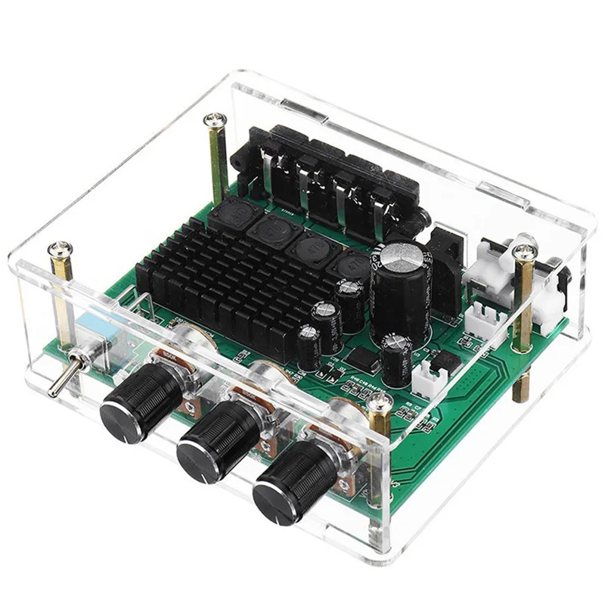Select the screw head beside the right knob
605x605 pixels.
[x=380, y=408]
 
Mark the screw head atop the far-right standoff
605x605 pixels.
[x=523, y=249]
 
